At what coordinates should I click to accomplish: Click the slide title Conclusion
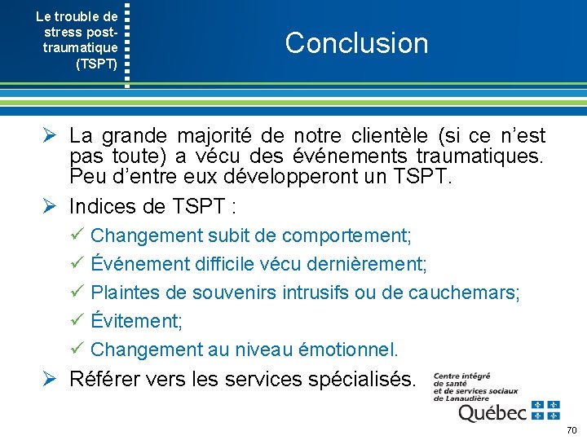pos(356,43)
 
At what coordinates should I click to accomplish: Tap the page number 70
pos(572,429)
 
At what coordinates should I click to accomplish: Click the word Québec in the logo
pos(492,413)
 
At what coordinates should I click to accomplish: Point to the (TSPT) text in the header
pos(96,64)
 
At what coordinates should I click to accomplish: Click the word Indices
pos(102,205)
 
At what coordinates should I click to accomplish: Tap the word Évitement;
pos(136,321)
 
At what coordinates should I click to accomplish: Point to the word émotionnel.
pos(345,350)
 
